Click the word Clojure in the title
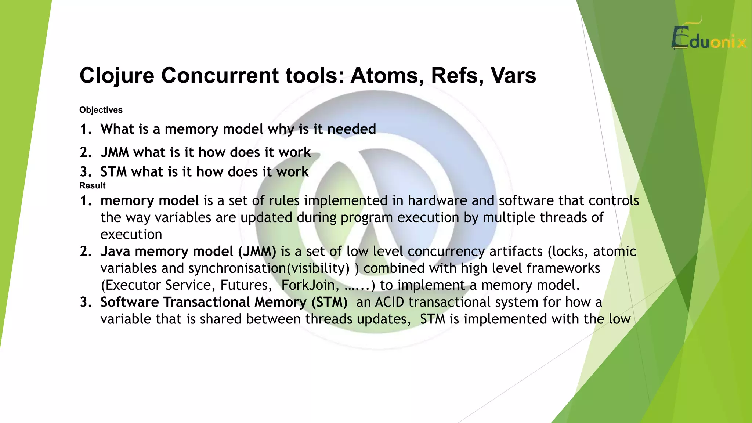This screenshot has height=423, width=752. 117,76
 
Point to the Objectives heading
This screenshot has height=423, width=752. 101,110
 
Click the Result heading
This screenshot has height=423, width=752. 92,185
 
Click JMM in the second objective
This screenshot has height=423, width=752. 115,152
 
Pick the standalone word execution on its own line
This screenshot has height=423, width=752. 131,235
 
